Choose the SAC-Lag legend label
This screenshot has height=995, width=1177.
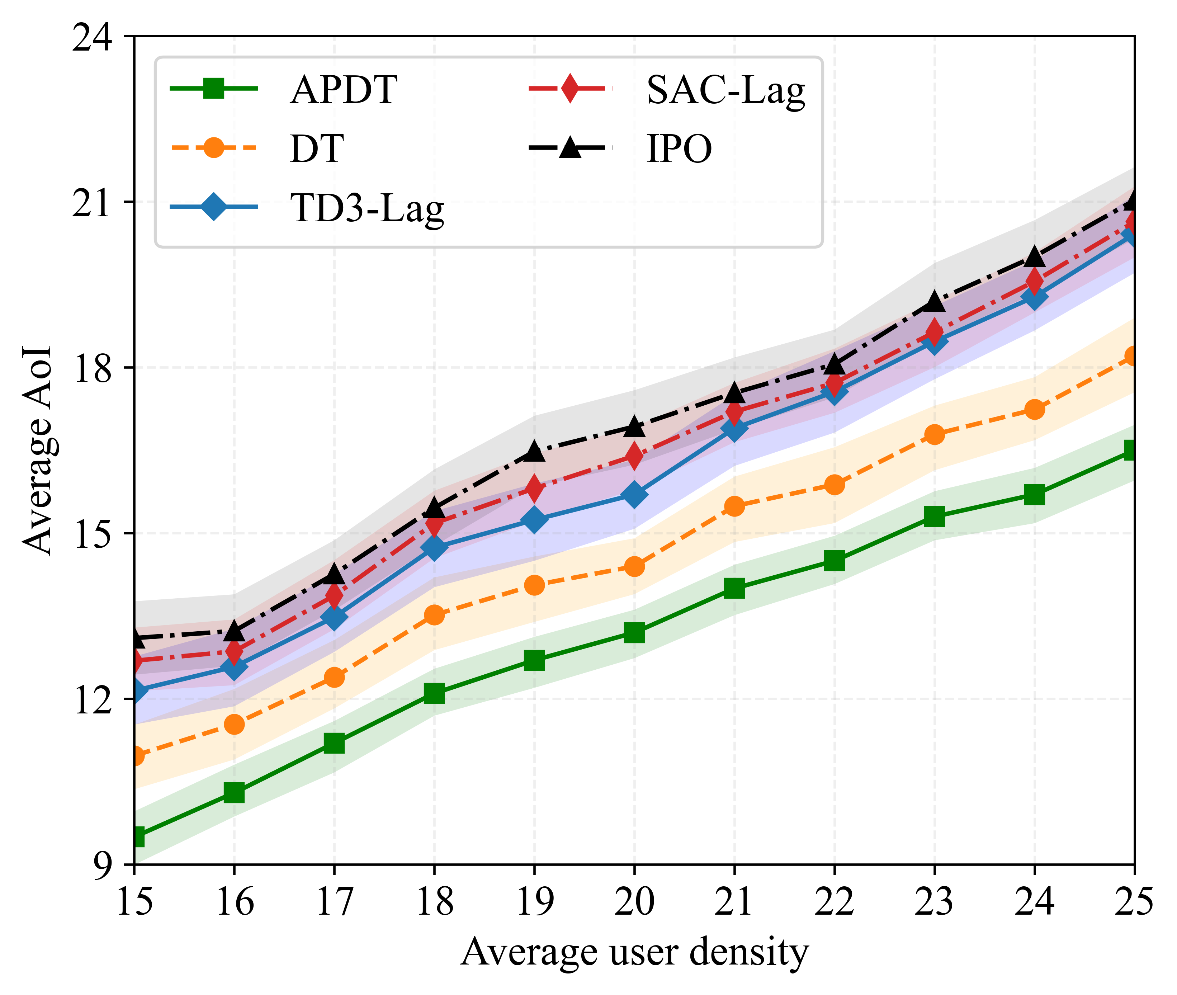[x=725, y=90]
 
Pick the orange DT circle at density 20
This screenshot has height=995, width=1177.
[x=634, y=566]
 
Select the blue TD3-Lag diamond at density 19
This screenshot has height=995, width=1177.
[x=534, y=519]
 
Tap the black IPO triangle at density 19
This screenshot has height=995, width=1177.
[x=534, y=451]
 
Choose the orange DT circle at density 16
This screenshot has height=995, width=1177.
[x=234, y=724]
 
